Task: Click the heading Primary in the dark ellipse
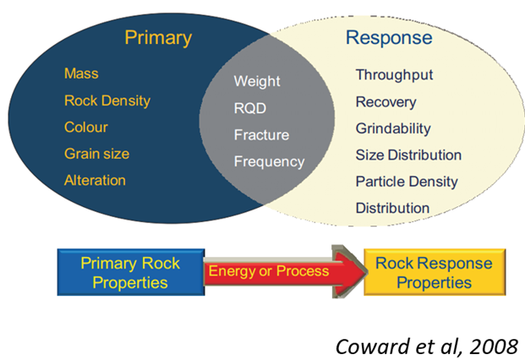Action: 157,38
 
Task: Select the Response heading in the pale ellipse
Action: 389,38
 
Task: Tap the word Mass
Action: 81,74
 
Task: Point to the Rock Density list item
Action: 107,101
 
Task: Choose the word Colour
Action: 86,128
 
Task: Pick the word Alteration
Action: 95,180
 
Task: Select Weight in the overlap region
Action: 257,82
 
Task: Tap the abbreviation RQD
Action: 251,108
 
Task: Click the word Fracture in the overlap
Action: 261,134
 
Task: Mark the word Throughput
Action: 394,75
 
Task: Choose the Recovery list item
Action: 386,102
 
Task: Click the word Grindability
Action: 393,128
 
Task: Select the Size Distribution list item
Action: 408,155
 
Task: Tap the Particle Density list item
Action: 406,181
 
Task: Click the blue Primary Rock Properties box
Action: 131,272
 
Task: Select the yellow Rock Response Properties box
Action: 432,272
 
